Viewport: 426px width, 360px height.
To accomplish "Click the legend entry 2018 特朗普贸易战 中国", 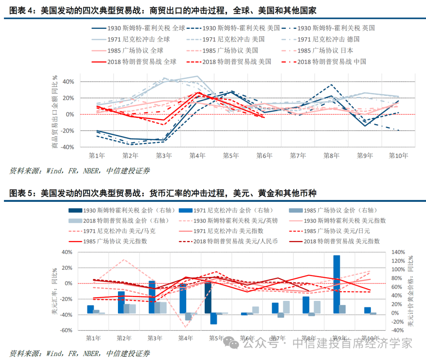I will (331, 62).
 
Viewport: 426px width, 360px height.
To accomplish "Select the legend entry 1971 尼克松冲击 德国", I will (328, 39).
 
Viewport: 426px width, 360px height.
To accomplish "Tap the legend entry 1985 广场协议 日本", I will (325, 50).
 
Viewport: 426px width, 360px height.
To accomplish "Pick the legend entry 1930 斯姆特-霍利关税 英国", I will (335, 28).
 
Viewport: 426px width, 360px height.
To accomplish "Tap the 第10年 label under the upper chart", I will (398, 156).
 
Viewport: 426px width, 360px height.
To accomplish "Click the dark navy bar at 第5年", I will (208, 298).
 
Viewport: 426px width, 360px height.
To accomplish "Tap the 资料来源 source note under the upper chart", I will (79, 171).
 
